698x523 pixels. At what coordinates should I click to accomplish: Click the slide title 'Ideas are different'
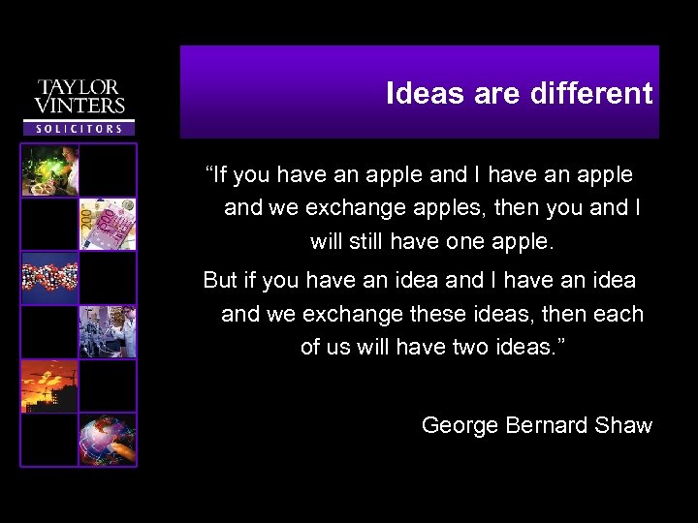point(519,94)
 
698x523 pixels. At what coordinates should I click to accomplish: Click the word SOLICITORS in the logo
point(79,128)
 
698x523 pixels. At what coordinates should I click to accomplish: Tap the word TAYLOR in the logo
point(79,88)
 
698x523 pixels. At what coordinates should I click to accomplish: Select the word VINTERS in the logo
point(79,105)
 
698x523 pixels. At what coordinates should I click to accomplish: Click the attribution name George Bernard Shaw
point(536,425)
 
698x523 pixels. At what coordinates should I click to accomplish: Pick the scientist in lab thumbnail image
point(50,170)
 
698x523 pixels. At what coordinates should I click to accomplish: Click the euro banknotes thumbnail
point(108,224)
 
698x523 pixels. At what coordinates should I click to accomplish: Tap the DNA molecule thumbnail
point(50,278)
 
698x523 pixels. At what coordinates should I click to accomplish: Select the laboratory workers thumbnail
point(108,331)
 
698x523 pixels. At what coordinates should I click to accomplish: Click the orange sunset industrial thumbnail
point(50,385)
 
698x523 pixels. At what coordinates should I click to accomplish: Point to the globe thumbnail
point(108,439)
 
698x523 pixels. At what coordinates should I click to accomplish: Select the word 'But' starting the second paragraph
point(220,281)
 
